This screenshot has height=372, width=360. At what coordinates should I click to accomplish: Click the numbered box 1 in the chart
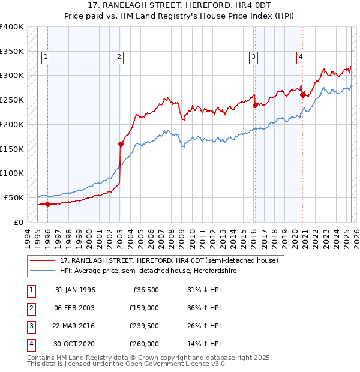(x=46, y=57)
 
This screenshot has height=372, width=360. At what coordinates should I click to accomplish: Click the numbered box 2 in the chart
(x=119, y=57)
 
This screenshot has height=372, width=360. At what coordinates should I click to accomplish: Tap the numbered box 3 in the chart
(x=254, y=57)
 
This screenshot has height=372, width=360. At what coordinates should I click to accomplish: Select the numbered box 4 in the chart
(x=300, y=57)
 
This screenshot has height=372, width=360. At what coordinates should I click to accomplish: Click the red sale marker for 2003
(x=121, y=144)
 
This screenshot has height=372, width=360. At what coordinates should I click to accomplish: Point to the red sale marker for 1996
(x=47, y=204)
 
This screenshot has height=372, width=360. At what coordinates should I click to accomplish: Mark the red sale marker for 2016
(x=255, y=105)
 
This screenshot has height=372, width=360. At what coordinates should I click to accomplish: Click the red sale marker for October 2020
(x=302, y=95)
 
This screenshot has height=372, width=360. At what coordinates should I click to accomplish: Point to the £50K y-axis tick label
(x=14, y=197)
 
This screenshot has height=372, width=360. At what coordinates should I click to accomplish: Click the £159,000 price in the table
(x=145, y=308)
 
